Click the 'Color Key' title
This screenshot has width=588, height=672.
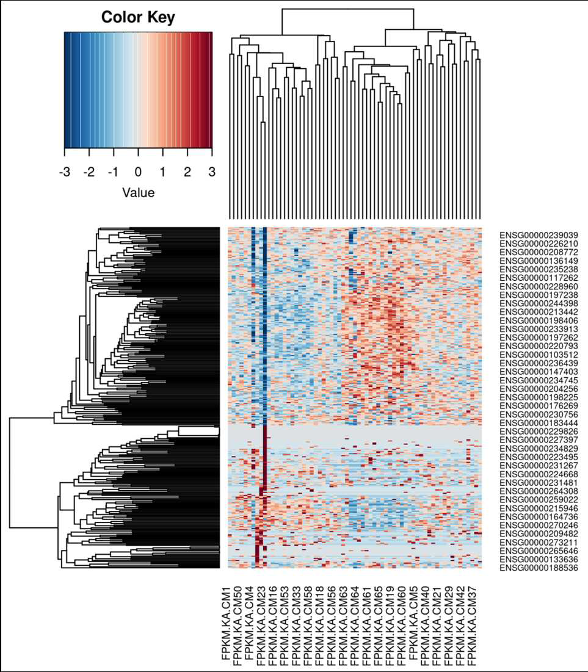[x=138, y=17]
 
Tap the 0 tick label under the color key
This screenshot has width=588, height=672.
[x=138, y=172]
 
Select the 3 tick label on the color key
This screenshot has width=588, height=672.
[x=212, y=172]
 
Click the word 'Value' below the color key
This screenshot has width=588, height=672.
[x=138, y=192]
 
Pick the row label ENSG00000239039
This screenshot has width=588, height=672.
[x=539, y=235]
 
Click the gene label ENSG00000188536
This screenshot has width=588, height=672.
[x=539, y=568]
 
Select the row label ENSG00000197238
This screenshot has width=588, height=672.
[x=539, y=295]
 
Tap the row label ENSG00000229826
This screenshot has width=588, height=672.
[x=539, y=431]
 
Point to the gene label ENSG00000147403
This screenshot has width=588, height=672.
[x=539, y=372]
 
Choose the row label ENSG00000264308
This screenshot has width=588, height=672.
[x=539, y=491]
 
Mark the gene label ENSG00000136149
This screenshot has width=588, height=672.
[x=539, y=261]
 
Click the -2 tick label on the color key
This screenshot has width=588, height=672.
[x=89, y=172]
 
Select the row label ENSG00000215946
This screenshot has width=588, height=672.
[x=539, y=508]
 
